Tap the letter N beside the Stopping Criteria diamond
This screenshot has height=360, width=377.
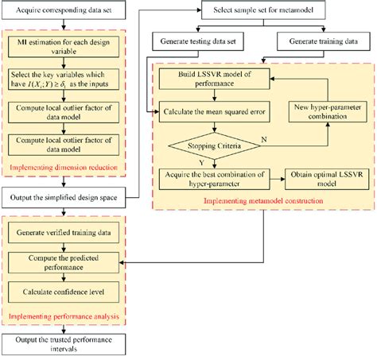coord(265,140)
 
